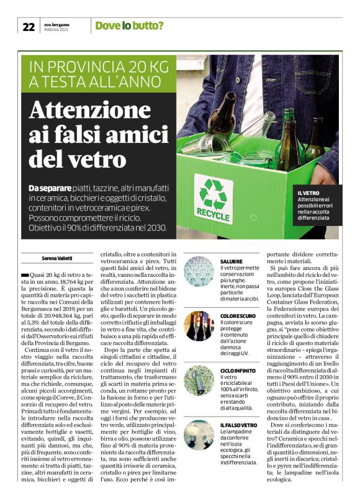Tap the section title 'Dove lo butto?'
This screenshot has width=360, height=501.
[x=129, y=26]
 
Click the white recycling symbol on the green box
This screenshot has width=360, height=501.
[x=212, y=192]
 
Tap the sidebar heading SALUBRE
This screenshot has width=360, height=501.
[x=231, y=262]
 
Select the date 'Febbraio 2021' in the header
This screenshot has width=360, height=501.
[x=58, y=30]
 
